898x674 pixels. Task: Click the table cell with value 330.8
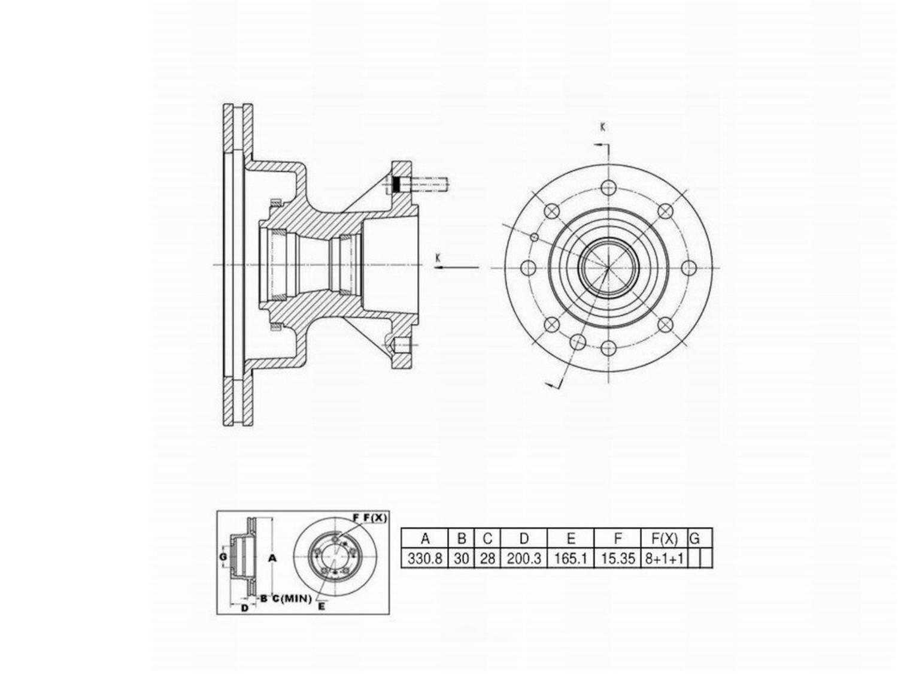pos(424,558)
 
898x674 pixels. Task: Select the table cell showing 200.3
pos(524,558)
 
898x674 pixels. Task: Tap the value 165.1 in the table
pos(571,558)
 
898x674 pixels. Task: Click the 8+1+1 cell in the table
pos(665,558)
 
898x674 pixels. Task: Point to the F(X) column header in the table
pos(665,539)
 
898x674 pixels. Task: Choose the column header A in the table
pos(424,539)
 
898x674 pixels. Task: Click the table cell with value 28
pos(487,558)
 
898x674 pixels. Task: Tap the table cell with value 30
pos(461,558)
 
